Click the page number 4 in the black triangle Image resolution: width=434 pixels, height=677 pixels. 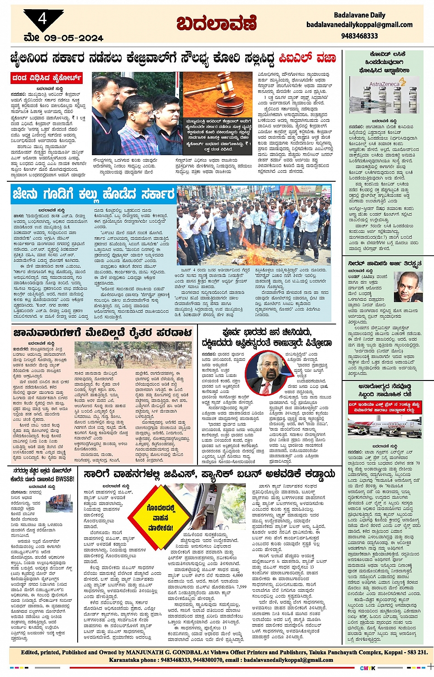43,19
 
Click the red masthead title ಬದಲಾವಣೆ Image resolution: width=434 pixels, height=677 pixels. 216,23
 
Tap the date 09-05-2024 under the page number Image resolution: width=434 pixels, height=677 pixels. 73,38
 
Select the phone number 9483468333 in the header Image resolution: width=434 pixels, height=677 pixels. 359,36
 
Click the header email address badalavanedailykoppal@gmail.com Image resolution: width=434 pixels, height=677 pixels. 359,25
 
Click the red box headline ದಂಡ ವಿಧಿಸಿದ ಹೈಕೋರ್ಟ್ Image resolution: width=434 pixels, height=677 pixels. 47,78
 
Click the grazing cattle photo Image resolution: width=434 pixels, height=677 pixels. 133,355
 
